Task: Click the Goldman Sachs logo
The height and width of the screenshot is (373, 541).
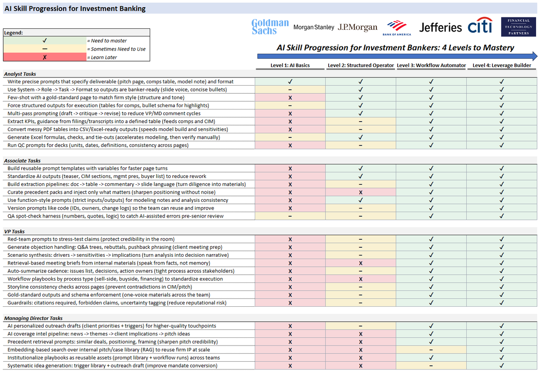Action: click(x=270, y=27)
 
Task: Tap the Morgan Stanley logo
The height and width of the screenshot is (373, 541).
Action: click(x=314, y=27)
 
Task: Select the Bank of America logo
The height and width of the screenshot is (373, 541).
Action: click(x=397, y=27)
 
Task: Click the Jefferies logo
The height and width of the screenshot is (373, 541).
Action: click(x=440, y=27)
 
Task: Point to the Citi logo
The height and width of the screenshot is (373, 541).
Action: click(x=481, y=27)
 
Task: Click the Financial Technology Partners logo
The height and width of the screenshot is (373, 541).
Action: click(x=518, y=27)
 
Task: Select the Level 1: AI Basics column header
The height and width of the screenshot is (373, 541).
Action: click(x=290, y=65)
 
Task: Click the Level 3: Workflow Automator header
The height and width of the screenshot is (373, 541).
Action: click(x=431, y=65)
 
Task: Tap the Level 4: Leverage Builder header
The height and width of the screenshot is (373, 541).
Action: click(x=502, y=65)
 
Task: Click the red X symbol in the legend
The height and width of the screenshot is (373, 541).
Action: click(x=45, y=57)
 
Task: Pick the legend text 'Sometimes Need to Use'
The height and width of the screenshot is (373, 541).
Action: click(x=118, y=49)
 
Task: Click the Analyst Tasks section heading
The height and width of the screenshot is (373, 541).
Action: click(x=20, y=74)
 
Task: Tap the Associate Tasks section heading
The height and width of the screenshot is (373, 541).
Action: click(x=23, y=160)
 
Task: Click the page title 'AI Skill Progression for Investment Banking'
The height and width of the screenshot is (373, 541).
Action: click(x=75, y=8)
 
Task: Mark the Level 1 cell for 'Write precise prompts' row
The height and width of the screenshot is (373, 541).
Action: click(x=290, y=82)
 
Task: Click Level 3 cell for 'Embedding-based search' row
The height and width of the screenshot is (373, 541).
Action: click(x=431, y=350)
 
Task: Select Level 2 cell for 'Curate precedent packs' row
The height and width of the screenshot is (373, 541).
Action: click(x=360, y=192)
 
